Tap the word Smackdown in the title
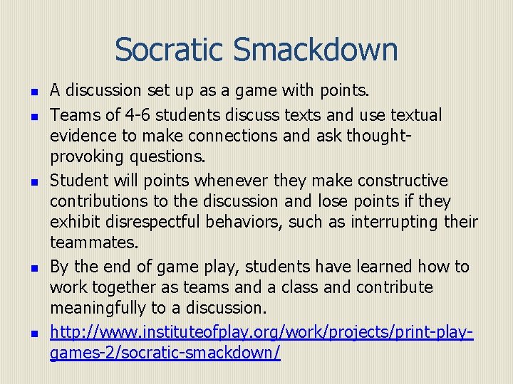[315, 50]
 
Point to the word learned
[378, 266]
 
